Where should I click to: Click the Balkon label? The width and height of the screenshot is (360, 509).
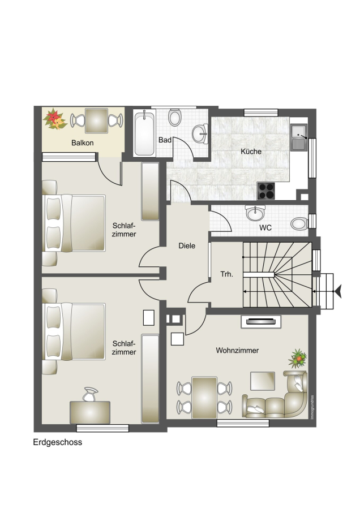(83, 143)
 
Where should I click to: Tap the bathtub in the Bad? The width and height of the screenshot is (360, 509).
(144, 133)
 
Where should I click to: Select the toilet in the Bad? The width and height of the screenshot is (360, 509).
(175, 117)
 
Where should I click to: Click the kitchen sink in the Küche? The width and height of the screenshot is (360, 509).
(299, 137)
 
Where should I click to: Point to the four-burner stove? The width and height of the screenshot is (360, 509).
(266, 191)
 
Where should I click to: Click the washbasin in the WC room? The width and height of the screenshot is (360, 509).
(255, 213)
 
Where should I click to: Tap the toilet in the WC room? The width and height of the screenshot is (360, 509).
(299, 224)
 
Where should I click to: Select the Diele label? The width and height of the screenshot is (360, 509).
(187, 246)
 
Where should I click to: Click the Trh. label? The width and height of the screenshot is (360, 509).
(227, 274)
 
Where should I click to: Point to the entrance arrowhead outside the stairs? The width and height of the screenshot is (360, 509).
(338, 291)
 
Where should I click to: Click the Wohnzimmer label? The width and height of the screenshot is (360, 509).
(237, 351)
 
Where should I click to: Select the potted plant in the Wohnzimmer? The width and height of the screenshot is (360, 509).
(298, 359)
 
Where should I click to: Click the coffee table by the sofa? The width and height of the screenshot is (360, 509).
(263, 381)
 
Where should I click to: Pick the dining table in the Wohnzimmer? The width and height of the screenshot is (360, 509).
(204, 398)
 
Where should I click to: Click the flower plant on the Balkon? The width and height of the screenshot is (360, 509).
(54, 119)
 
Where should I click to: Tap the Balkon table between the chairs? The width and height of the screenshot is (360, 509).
(96, 121)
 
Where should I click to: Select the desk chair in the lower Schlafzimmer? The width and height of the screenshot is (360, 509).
(90, 394)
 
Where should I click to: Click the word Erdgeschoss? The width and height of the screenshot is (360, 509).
(58, 442)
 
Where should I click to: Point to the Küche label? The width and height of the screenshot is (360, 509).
(251, 151)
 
